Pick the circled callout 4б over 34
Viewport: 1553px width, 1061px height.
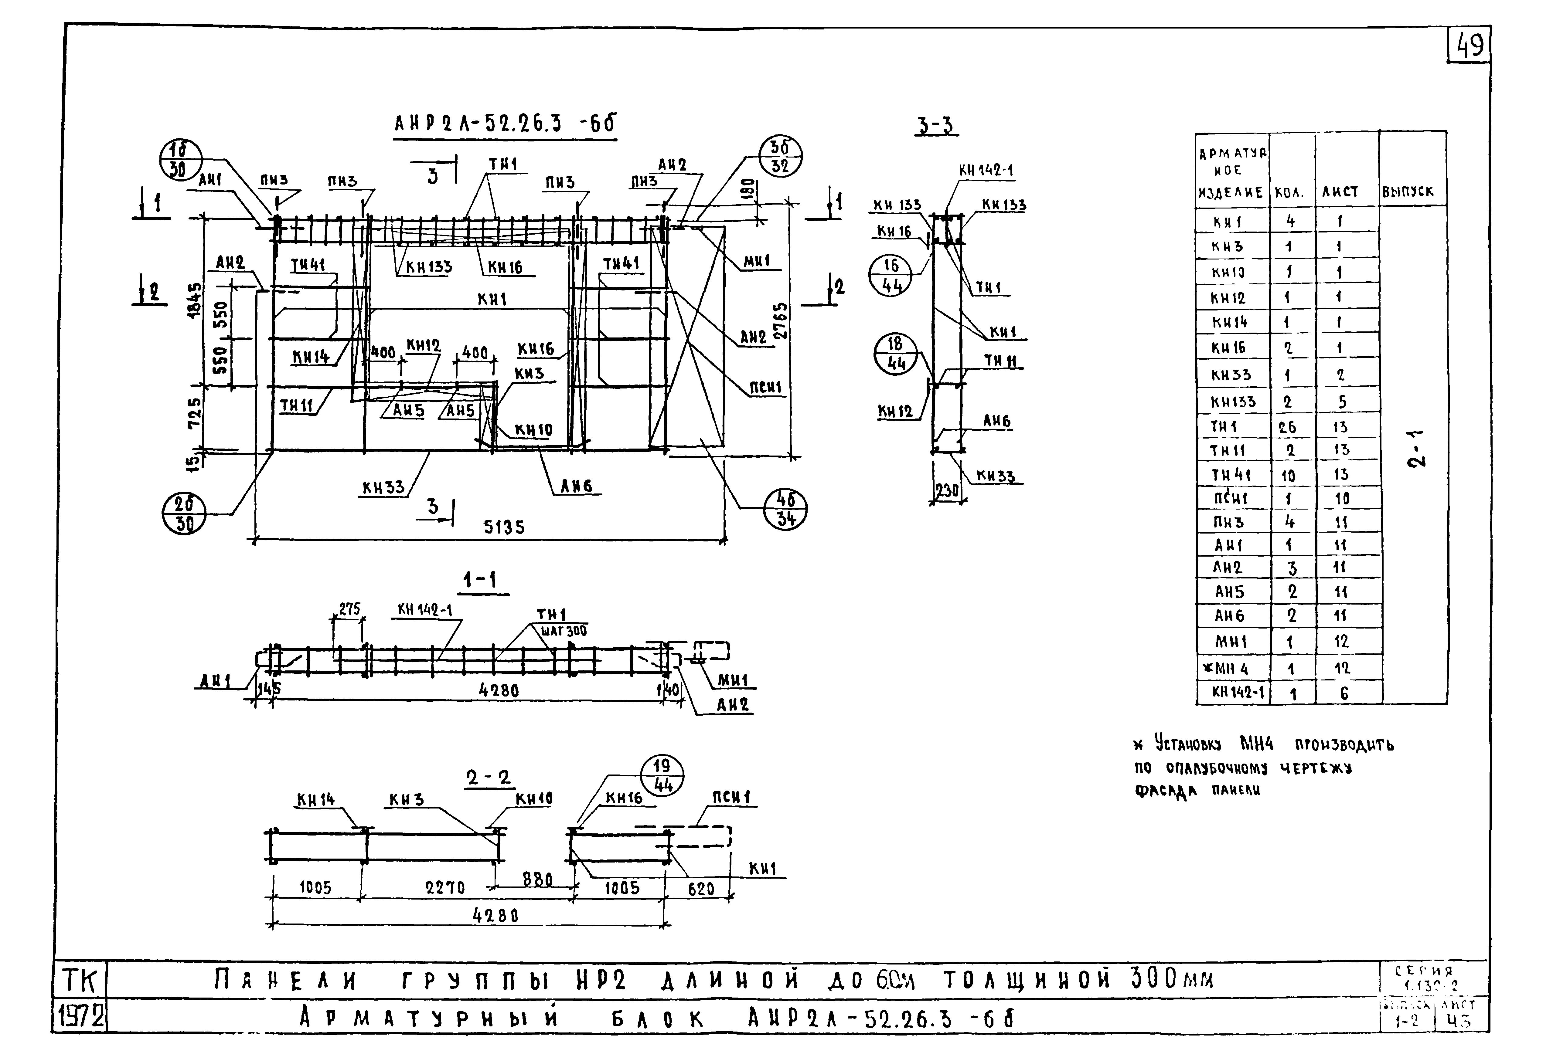[785, 510]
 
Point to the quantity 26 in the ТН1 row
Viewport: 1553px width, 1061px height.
[1287, 427]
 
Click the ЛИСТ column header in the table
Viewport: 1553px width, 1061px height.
[1340, 192]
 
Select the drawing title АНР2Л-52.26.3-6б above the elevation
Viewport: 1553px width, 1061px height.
[505, 124]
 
